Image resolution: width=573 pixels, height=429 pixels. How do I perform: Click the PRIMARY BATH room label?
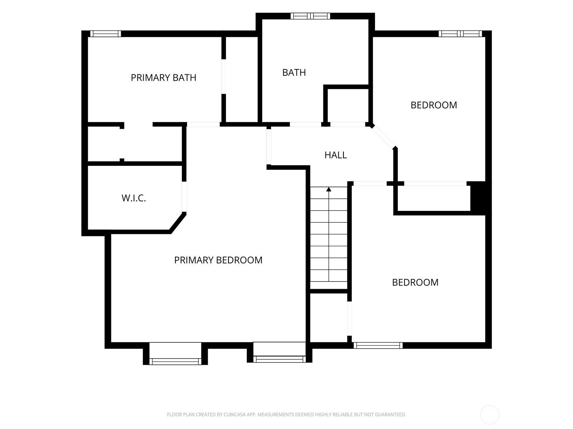click(x=163, y=78)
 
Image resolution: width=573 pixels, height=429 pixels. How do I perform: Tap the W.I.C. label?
click(x=134, y=198)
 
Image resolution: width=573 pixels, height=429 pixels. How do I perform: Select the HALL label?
click(x=336, y=155)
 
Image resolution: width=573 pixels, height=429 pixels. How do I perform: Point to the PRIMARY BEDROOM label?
click(x=218, y=260)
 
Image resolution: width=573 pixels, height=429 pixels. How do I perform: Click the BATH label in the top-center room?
click(x=294, y=73)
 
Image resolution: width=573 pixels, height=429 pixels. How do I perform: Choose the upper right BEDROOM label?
click(x=434, y=105)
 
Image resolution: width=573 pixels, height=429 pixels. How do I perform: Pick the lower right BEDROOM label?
click(x=415, y=282)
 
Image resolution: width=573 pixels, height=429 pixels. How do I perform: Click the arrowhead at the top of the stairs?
click(x=329, y=189)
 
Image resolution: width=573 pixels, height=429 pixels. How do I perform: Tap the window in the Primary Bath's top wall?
click(x=105, y=34)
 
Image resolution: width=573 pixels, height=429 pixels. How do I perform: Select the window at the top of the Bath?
click(x=310, y=16)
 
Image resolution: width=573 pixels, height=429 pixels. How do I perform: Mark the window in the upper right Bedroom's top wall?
click(x=460, y=34)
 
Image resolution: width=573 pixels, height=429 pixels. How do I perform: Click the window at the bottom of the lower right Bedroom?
click(x=378, y=345)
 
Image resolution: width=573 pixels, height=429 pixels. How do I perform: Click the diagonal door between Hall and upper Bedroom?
click(x=383, y=137)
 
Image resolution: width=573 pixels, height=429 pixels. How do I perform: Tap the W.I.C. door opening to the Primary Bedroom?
click(x=184, y=197)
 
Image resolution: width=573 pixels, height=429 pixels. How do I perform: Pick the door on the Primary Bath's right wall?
click(x=224, y=76)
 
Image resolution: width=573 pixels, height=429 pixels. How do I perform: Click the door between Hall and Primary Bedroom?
click(x=269, y=147)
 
